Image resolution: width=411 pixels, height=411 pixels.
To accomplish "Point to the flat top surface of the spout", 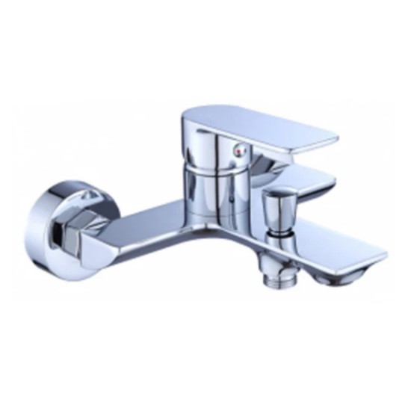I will pos(329,243).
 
